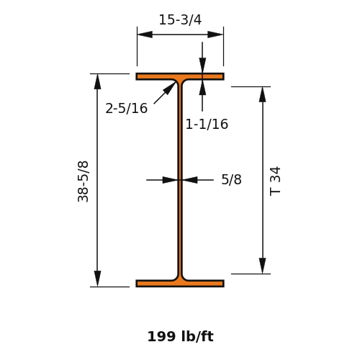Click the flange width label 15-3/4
180,19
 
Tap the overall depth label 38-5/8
83,181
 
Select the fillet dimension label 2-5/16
127,108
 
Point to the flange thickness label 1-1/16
207,124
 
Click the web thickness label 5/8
231,179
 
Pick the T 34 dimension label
275,181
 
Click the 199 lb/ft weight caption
180,336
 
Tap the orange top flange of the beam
180,76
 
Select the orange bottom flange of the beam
180,284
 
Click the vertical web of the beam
180,180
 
